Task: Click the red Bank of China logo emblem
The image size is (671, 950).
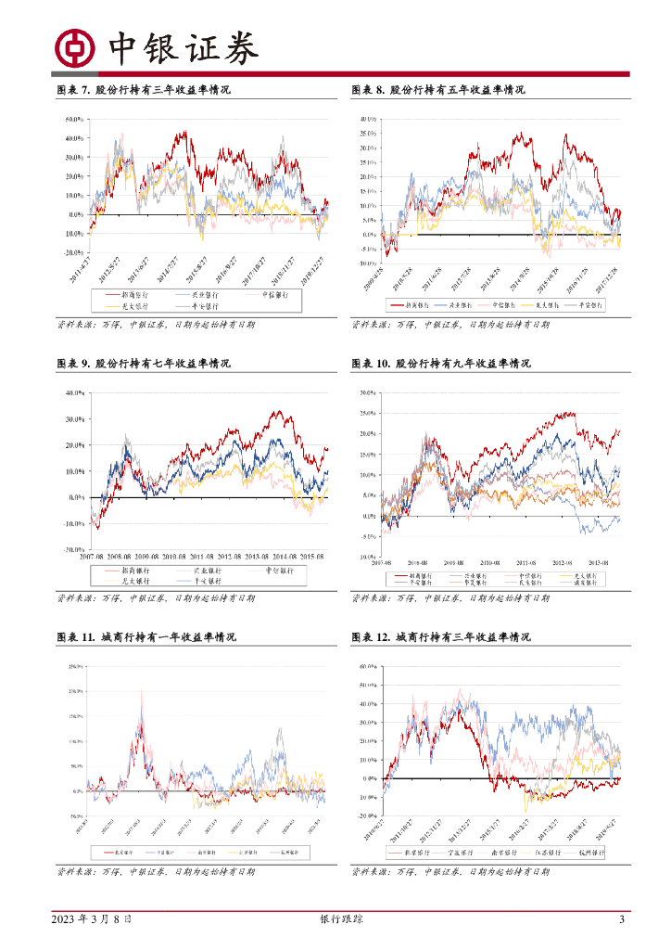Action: coord(75,48)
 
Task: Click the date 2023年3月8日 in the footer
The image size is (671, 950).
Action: coord(92,919)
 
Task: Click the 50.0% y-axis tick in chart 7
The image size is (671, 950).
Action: coord(75,121)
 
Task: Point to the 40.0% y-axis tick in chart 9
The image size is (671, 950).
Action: coord(75,393)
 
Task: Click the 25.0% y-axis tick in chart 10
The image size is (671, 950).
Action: coord(366,413)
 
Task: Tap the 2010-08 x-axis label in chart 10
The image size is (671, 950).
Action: coord(493,562)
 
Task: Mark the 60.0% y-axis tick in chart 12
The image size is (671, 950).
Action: coord(366,667)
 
